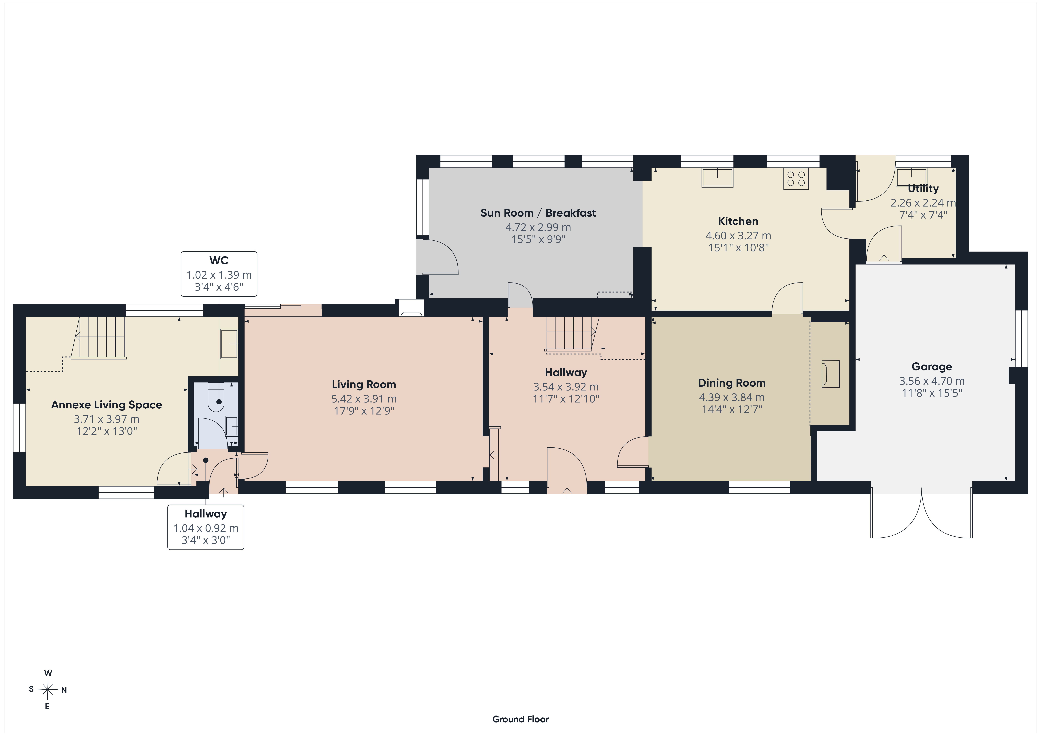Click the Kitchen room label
click(x=738, y=221)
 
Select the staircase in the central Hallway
click(x=572, y=334)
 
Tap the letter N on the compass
click(x=64, y=690)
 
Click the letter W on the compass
click(x=48, y=673)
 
